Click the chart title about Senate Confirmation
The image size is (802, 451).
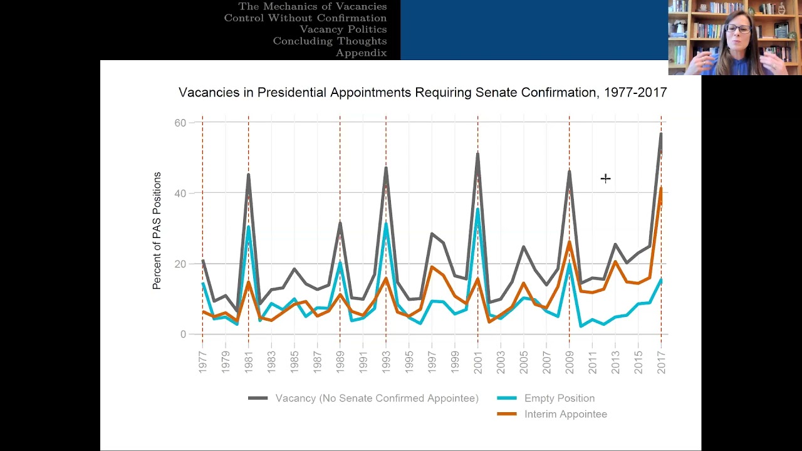(422, 92)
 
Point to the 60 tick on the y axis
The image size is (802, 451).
(180, 123)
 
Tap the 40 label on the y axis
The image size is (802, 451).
(180, 194)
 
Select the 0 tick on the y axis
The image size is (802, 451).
(184, 334)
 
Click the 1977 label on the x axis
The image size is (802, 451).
(202, 362)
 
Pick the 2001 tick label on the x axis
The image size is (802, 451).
(477, 362)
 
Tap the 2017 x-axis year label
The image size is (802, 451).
(661, 362)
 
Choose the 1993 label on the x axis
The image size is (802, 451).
(386, 362)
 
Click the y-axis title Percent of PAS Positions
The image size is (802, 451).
(157, 231)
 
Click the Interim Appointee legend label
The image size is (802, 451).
(566, 414)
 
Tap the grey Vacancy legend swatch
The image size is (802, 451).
(258, 398)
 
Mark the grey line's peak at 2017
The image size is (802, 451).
(661, 134)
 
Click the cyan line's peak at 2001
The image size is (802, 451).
(477, 209)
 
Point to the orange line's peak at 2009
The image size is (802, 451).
(570, 242)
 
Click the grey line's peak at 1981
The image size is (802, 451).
(249, 175)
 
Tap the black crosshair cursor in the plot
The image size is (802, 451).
(605, 179)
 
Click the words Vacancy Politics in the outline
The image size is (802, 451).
(343, 29)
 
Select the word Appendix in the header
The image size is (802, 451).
(362, 53)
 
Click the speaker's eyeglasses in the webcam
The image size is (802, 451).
(739, 29)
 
